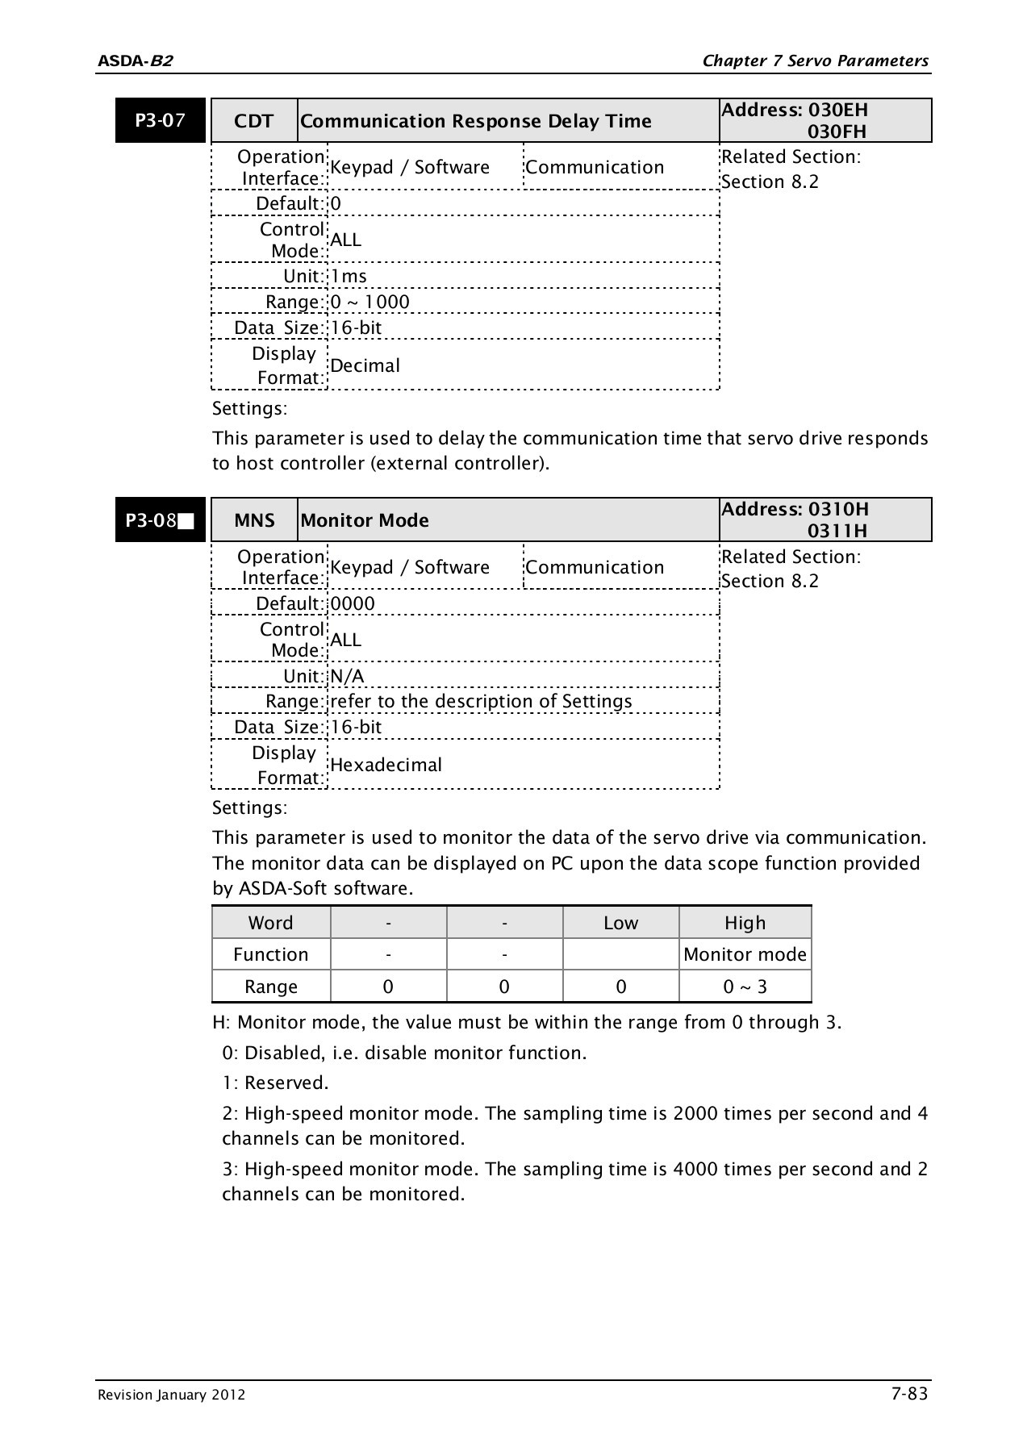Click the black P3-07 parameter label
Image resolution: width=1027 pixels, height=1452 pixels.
pos(160,121)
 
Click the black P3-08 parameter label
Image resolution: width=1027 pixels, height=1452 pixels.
pos(160,520)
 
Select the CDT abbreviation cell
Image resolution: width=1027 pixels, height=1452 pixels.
pos(253,121)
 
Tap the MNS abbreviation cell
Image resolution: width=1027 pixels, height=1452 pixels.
pos(254,520)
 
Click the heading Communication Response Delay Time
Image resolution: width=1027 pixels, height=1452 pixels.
pos(475,121)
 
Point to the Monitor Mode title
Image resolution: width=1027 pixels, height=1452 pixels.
pos(364,520)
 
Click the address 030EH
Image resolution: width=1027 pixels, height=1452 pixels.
pos(837,110)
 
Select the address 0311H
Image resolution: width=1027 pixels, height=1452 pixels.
pos(837,531)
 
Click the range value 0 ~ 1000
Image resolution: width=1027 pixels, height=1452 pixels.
pos(370,302)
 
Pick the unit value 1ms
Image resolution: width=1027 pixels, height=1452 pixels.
pos(349,276)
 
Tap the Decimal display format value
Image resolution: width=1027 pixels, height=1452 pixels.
pos(365,365)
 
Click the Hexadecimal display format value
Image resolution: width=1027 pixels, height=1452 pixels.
pos(386,765)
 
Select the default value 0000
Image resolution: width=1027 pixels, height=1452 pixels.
pos(353,603)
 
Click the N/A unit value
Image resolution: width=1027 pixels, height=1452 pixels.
pos(347,676)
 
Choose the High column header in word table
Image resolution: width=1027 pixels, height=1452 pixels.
pos(745,923)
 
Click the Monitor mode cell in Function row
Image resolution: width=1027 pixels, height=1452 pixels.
pos(745,954)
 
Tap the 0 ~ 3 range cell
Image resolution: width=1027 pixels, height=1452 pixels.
pos(745,987)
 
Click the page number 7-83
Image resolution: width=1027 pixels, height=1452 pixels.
pos(909,1394)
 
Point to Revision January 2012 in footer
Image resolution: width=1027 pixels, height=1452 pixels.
pos(171,1396)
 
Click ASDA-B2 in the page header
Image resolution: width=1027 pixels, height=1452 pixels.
pos(135,61)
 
